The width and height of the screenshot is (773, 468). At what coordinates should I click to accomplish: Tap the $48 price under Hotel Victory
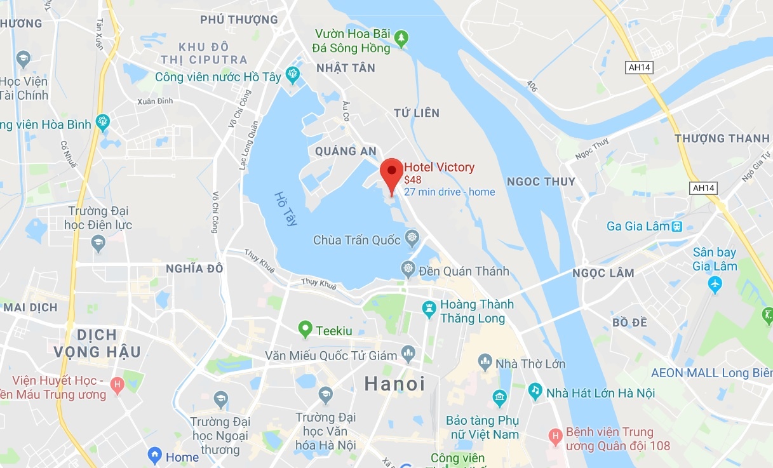(413, 180)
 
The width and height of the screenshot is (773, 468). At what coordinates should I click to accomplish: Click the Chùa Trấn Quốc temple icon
(412, 239)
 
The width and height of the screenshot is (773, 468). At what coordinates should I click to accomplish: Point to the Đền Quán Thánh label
(464, 271)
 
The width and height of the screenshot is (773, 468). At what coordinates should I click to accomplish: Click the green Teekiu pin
(306, 329)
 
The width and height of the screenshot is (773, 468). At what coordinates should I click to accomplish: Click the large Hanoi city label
(394, 384)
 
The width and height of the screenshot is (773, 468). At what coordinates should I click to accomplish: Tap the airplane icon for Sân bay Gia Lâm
(715, 283)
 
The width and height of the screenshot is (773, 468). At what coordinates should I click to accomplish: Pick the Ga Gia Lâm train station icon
(678, 226)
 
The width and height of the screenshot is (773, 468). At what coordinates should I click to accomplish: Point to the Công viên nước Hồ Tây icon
(293, 75)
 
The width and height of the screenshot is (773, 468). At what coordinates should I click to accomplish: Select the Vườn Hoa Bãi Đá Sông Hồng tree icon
(401, 39)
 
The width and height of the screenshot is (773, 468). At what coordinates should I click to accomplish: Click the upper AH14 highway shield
(638, 67)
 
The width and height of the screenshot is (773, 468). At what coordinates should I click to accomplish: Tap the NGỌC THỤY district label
(541, 182)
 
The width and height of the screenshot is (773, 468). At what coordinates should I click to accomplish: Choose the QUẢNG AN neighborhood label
(346, 151)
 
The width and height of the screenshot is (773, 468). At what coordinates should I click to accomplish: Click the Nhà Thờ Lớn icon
(485, 364)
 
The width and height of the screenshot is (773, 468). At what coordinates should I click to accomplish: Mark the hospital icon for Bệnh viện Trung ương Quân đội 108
(556, 436)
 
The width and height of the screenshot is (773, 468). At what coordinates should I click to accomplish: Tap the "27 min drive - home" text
(449, 192)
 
